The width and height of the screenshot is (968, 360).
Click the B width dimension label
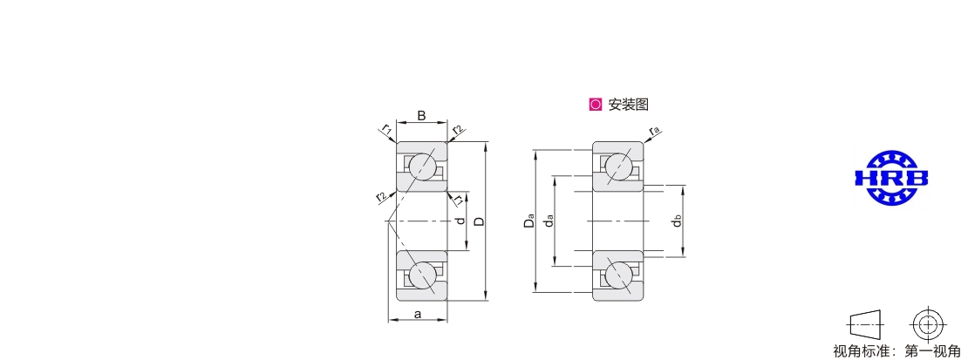pos(422,115)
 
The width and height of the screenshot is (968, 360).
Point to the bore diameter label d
pos(459,221)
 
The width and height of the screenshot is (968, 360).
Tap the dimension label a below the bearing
pos(418,315)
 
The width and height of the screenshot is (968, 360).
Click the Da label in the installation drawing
pos(529,221)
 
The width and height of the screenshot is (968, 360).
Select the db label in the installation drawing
pos(678,221)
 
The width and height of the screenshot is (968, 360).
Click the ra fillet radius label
pos(655,130)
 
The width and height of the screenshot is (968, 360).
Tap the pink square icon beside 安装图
pos(595,105)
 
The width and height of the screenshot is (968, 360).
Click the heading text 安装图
pos(629,105)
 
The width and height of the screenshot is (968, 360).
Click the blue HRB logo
pos(890,179)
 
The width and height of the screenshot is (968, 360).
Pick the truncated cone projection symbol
pos(867,323)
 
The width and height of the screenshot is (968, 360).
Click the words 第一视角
pos(932,352)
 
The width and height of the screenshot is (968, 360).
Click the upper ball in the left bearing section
pos(422,166)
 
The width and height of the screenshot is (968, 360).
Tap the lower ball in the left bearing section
pos(422,275)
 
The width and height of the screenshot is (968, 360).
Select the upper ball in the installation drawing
pos(618,166)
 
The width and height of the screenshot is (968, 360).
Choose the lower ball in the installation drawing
pos(618,275)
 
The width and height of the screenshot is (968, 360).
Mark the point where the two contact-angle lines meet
pos(388,221)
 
